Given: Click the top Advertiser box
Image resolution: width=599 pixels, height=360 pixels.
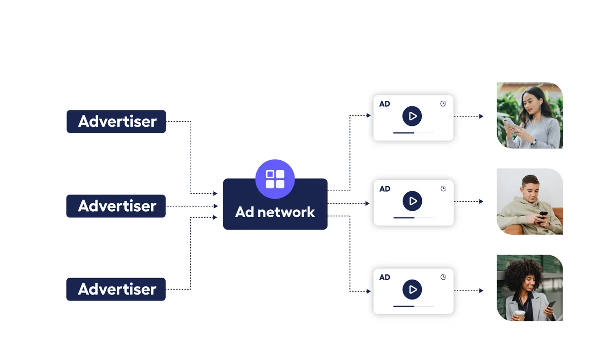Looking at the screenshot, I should point(116,121).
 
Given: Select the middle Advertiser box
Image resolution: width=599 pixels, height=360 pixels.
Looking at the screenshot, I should point(116,206).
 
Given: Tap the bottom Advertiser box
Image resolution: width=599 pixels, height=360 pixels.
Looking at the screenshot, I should point(116,289).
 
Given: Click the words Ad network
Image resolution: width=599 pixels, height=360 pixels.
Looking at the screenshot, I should point(275,212).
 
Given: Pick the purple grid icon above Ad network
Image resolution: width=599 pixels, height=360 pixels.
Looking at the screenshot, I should point(275,179).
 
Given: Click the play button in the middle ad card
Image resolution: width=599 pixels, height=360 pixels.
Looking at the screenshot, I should point(412,201).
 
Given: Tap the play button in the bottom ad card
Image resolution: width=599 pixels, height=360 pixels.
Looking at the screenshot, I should point(412,290).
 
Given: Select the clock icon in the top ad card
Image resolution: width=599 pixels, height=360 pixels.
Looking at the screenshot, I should point(443,104).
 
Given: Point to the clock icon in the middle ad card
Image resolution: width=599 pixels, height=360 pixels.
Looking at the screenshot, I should point(443,189).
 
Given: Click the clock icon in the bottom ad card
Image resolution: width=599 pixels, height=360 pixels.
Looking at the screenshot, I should point(443,277).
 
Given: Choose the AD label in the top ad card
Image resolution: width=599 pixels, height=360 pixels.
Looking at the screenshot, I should point(384,104).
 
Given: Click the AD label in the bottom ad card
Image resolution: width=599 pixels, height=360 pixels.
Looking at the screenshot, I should point(384,277).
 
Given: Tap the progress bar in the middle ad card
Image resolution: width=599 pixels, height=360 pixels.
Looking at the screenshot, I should point(413,218).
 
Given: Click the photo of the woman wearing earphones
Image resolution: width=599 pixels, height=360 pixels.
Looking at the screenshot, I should point(530,115).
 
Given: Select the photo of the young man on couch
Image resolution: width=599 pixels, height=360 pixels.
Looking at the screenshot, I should point(530,201).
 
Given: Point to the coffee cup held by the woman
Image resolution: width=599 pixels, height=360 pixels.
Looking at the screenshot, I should point(520,315).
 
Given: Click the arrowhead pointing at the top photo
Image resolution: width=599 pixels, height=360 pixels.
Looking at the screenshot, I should point(481,116).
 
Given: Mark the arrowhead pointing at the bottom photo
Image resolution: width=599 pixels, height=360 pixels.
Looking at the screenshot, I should point(481,291).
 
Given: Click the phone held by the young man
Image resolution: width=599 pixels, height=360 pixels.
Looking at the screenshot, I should point(543,215).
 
